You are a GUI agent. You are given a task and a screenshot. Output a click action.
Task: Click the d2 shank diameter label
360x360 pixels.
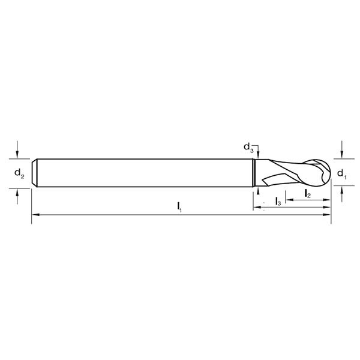tap(19, 174)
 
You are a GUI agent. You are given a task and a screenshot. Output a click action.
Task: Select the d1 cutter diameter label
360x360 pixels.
tap(341, 174)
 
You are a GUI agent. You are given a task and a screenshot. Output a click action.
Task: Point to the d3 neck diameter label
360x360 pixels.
tap(247, 146)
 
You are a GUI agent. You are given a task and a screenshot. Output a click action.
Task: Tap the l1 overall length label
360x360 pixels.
tap(179, 207)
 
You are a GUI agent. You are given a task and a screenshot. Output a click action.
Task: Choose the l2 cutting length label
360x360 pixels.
tap(307, 193)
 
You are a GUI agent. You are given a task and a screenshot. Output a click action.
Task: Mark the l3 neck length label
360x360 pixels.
tap(277, 202)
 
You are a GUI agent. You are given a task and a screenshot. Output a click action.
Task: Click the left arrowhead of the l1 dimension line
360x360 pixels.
tap(35, 215)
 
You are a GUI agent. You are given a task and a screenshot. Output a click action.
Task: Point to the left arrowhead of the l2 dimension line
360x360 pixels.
tap(288, 199)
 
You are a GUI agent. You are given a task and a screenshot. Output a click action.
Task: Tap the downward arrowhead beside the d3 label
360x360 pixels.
tap(257, 155)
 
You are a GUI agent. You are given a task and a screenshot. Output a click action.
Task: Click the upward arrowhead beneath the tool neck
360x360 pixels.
tap(257, 190)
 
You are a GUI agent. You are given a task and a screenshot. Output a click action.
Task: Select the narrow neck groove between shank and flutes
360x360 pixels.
tap(256, 172)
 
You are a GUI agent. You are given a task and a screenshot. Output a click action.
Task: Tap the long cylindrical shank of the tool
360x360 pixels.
tap(144, 172)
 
